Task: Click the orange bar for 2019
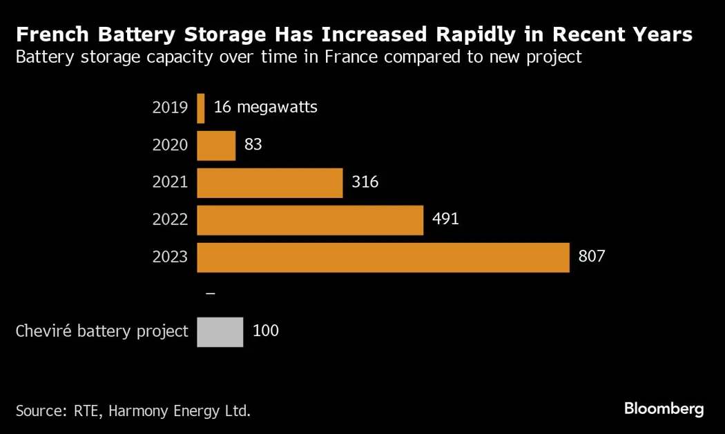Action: (x=201, y=108)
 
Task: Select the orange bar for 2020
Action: (x=216, y=146)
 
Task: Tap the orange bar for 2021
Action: (x=270, y=183)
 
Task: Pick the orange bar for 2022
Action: (x=310, y=220)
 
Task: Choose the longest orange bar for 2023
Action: (x=383, y=257)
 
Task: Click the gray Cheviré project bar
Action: (x=220, y=331)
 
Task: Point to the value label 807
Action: (x=591, y=257)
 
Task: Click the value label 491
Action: (x=445, y=219)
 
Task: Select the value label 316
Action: (x=365, y=182)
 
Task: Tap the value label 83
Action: (x=253, y=145)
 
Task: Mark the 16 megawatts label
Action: (x=266, y=108)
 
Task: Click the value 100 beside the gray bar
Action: (x=266, y=331)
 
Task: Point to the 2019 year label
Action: (x=170, y=108)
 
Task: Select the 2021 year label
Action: (x=170, y=182)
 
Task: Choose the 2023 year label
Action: (x=170, y=257)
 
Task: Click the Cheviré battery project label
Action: (x=102, y=331)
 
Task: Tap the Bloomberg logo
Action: (x=664, y=409)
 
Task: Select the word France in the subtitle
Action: (x=353, y=57)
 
